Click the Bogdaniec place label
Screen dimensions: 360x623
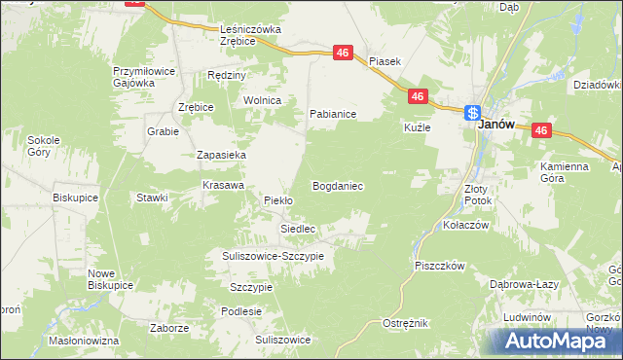(338, 185)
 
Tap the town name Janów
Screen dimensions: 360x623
(495, 126)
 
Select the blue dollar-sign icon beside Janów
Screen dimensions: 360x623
(472, 112)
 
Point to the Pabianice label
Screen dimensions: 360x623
(333, 114)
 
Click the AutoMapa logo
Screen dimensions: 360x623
(554, 342)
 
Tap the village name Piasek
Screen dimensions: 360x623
(385, 60)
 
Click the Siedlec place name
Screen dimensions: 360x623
(298, 229)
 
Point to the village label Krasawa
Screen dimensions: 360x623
(222, 184)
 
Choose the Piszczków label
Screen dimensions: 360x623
(441, 265)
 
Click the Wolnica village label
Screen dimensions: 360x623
(263, 100)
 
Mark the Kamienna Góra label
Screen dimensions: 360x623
(565, 172)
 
